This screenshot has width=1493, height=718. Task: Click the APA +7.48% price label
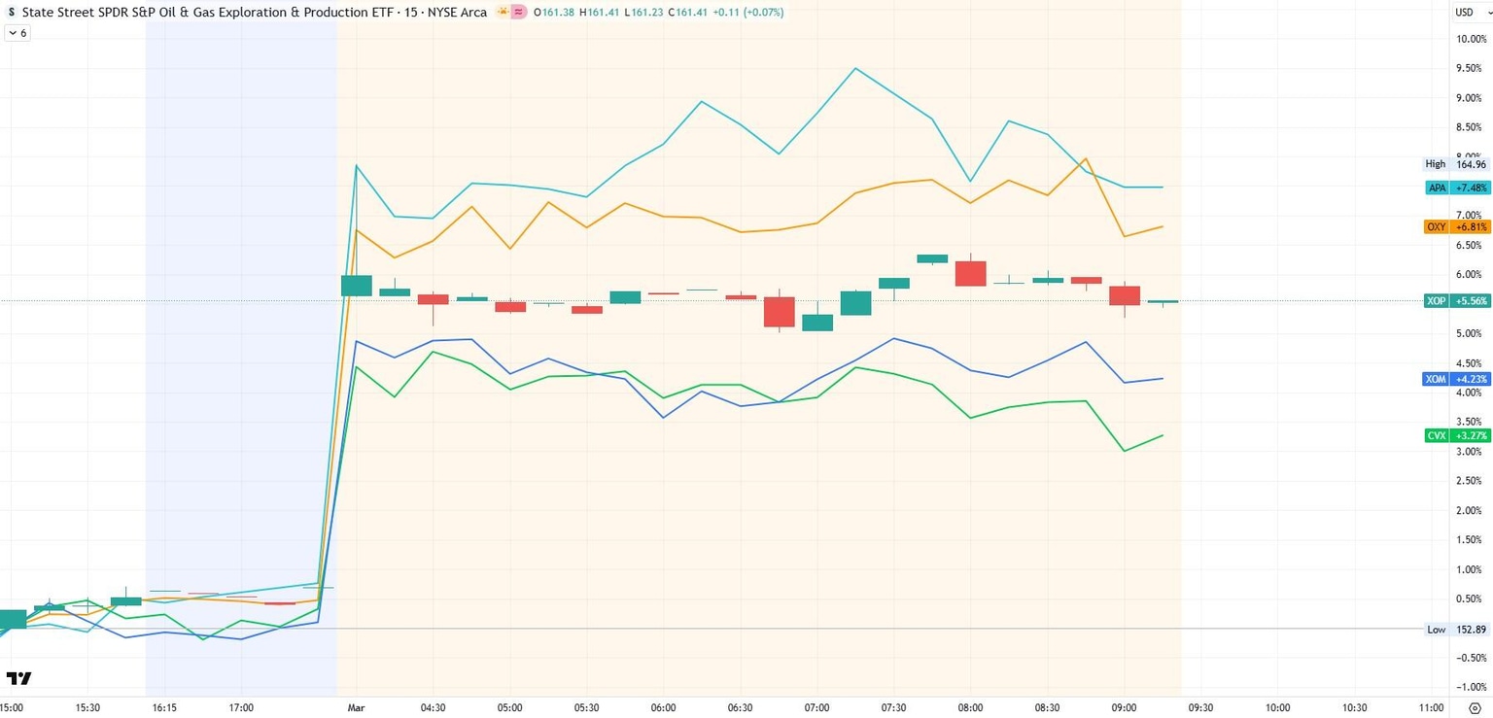1456,188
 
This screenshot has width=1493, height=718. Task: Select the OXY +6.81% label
1456,226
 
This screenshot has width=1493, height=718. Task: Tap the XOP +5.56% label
1456,301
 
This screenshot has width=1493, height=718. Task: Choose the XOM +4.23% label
1456,379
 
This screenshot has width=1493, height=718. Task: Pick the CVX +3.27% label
1456,436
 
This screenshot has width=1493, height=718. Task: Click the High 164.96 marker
1456,164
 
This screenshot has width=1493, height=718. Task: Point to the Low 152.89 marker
1456,630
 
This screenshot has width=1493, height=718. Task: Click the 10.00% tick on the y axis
1470,40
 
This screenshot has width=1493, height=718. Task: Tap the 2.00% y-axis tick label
1470,511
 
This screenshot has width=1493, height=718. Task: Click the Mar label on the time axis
356,708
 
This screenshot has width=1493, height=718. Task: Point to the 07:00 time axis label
816,708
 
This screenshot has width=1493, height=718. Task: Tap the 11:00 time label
1431,708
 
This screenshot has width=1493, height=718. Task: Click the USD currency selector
1464,13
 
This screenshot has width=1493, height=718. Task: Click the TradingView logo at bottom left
18,678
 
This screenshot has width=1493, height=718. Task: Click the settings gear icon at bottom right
1475,708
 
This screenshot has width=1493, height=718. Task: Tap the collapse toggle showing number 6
17,33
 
